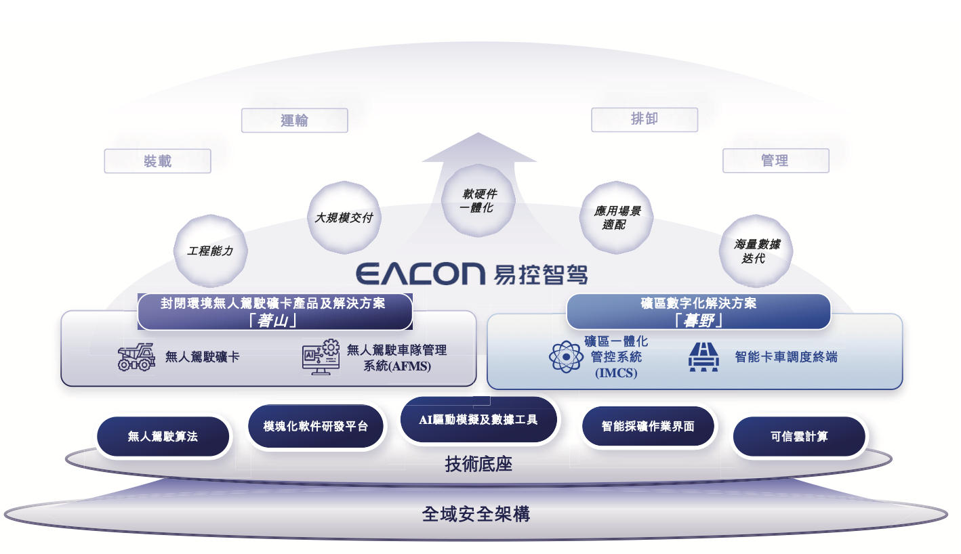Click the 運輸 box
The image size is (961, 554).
pyautogui.click(x=294, y=121)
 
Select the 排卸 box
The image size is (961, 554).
pyautogui.click(x=645, y=120)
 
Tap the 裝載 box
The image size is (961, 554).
pyautogui.click(x=157, y=161)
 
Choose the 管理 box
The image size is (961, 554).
pyautogui.click(x=776, y=161)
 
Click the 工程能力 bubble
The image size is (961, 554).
pyautogui.click(x=210, y=251)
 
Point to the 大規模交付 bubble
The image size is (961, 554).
pyautogui.click(x=344, y=217)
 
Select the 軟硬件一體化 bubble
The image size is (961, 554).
pyautogui.click(x=478, y=200)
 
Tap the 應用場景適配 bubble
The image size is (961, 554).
pyautogui.click(x=617, y=217)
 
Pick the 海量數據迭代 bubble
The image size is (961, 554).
pyautogui.click(x=756, y=251)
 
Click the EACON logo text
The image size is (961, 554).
pyautogui.click(x=421, y=274)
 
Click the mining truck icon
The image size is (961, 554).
pyautogui.click(x=136, y=357)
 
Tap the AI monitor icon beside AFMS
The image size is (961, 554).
pyautogui.click(x=321, y=357)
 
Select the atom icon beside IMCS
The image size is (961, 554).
pyautogui.click(x=567, y=357)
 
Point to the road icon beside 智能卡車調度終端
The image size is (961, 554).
pyautogui.click(x=703, y=357)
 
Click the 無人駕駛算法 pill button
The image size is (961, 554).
pyautogui.click(x=163, y=437)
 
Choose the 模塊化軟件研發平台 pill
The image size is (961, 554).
pyautogui.click(x=315, y=426)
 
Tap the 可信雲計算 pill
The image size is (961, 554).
pyautogui.click(x=799, y=437)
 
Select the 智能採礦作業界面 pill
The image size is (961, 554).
pyautogui.click(x=648, y=426)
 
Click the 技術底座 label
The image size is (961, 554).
pyautogui.click(x=478, y=464)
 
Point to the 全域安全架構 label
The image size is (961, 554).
pyautogui.click(x=476, y=513)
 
